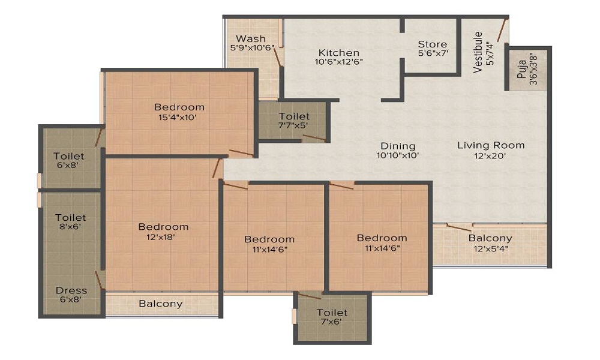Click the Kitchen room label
click(x=338, y=52)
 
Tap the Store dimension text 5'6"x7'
click(x=433, y=53)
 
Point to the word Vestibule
click(x=478, y=52)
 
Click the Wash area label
click(x=251, y=38)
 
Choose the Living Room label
click(x=491, y=145)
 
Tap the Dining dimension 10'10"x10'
click(x=398, y=155)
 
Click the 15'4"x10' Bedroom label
click(x=179, y=107)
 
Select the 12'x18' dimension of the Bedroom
click(x=161, y=237)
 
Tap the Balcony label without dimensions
click(x=160, y=304)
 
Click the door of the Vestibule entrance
click(x=502, y=29)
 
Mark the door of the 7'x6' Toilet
click(x=310, y=296)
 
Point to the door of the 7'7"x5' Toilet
click(x=314, y=138)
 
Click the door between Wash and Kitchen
click(x=277, y=58)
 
